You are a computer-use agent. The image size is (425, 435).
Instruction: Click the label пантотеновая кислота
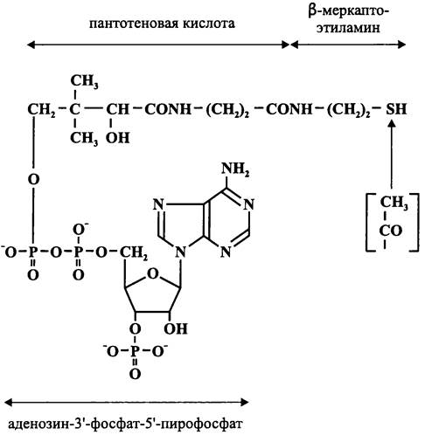tap(162, 24)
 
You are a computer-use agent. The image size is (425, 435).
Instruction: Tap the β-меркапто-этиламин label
tap(348, 20)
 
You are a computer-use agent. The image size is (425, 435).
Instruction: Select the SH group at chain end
tap(396, 109)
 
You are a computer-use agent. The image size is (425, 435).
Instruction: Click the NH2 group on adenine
tap(235, 169)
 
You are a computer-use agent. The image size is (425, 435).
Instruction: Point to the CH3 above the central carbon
tap(84, 81)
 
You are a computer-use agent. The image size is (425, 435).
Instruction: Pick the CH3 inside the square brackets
tap(394, 203)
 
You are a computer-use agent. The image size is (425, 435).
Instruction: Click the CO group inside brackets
tap(391, 231)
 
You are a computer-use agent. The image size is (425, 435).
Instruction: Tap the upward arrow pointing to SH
tap(392, 154)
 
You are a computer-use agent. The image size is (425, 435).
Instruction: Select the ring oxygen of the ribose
tap(153, 274)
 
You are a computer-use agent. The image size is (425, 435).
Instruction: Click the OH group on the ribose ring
tap(176, 328)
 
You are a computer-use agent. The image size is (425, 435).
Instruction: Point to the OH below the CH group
tap(117, 137)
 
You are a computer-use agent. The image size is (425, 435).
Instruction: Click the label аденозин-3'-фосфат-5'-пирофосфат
tap(125, 424)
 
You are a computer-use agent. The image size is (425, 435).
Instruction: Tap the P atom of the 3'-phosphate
tap(134, 352)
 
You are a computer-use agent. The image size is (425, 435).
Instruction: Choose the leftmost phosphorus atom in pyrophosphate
tap(32, 252)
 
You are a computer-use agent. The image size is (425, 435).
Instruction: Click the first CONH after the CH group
tap(168, 109)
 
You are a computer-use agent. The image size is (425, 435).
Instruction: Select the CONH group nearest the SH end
tap(289, 109)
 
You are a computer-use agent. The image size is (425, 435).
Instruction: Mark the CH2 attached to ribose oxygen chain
tap(134, 253)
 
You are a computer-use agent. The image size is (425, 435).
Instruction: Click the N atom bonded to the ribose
tap(181, 252)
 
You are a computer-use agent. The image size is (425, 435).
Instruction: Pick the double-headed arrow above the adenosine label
tap(126, 403)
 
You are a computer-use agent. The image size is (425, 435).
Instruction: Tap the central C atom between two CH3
tap(75, 109)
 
